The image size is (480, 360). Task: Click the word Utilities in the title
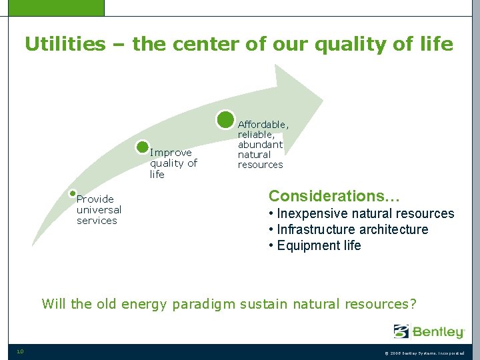point(65,45)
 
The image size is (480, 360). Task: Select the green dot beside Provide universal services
point(73,193)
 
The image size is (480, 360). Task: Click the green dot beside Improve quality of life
point(142,147)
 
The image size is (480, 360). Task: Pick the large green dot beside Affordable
point(226,119)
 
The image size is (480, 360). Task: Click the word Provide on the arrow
point(95,199)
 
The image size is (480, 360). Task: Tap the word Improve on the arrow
point(171,153)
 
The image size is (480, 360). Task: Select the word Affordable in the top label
point(263,125)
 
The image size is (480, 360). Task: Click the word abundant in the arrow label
point(260,145)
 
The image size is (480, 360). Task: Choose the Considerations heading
point(334,196)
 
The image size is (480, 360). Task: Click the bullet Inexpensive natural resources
point(361,214)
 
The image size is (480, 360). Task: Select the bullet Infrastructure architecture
point(348,230)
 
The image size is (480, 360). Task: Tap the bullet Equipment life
point(315,246)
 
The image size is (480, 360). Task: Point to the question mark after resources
point(413,304)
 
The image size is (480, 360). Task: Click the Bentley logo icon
point(401,331)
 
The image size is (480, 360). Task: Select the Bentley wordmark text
point(438,331)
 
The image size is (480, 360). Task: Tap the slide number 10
point(20,352)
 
